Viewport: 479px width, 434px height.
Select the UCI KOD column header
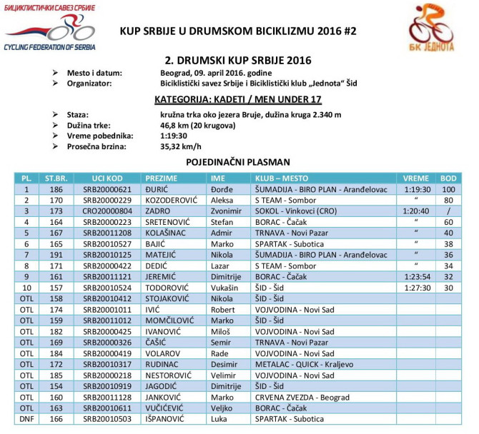(x=107, y=178)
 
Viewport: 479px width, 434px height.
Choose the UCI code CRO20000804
(x=107, y=211)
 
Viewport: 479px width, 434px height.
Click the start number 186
(x=54, y=189)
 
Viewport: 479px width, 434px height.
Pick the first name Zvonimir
(x=227, y=211)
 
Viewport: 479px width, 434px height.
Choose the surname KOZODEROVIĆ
(x=174, y=201)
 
